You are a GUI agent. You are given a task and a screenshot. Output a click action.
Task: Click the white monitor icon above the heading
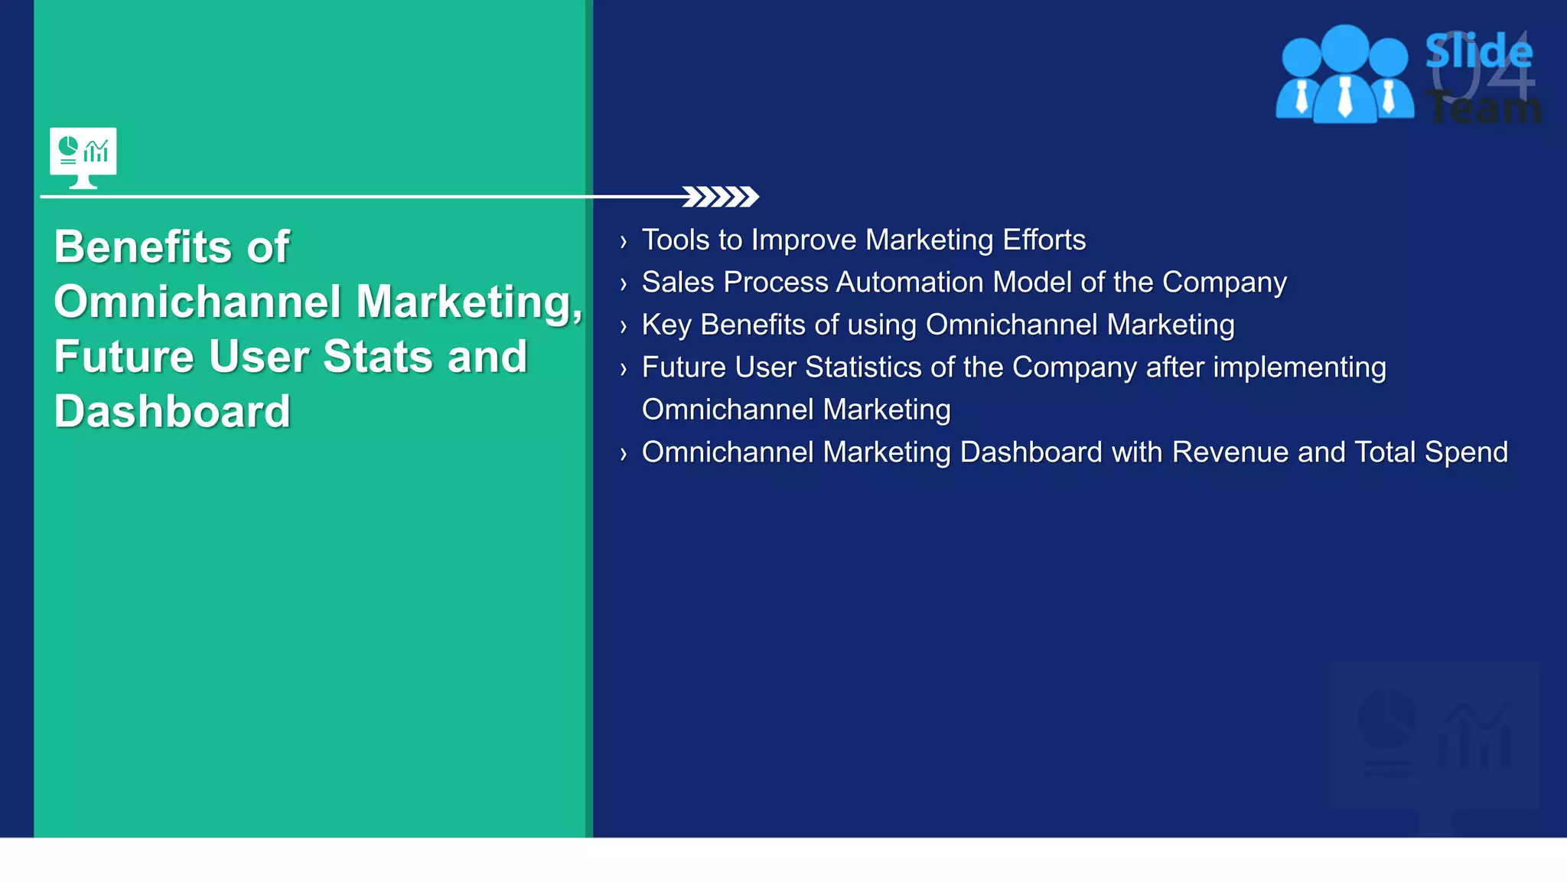tap(83, 156)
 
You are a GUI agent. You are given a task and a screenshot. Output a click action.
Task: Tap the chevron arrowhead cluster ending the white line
tap(720, 197)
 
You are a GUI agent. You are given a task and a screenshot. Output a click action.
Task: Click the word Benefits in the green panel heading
tap(143, 247)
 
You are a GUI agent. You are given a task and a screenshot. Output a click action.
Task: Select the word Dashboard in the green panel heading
tap(172, 412)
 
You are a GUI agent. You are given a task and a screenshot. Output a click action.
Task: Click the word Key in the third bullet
tap(666, 325)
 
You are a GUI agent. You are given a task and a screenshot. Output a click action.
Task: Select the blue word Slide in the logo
tap(1478, 52)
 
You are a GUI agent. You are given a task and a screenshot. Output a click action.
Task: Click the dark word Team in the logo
tap(1484, 108)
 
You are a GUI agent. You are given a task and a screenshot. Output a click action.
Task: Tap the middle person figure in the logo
tap(1344, 77)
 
